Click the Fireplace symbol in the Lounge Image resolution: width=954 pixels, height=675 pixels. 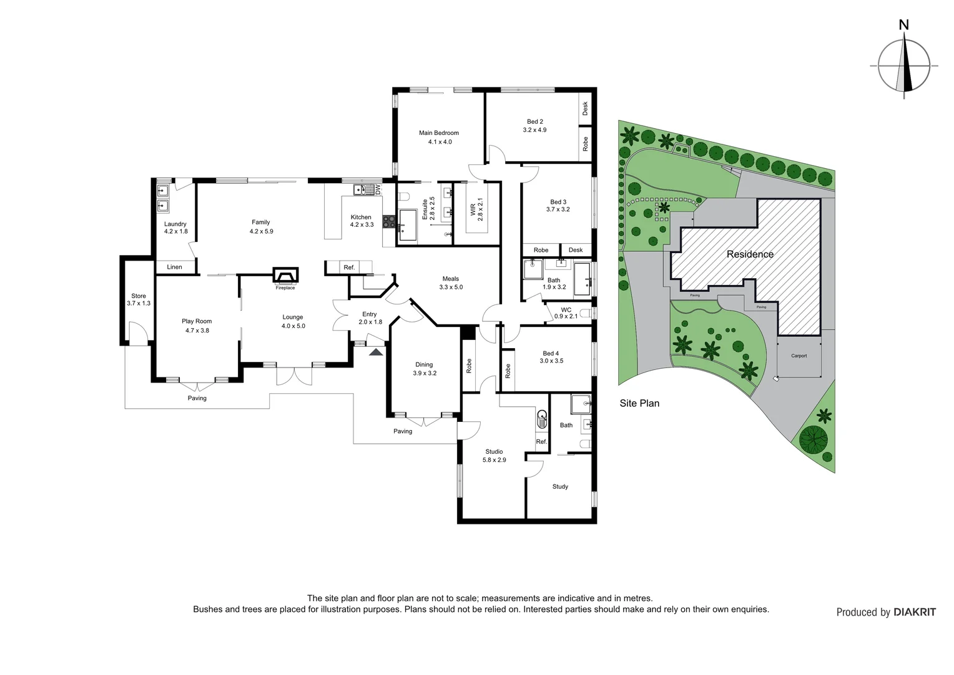(285, 276)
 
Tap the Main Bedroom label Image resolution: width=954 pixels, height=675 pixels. (439, 132)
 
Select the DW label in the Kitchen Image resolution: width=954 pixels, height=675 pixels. (378, 189)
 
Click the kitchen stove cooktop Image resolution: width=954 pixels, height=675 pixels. (388, 221)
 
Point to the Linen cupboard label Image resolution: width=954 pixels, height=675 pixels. (174, 267)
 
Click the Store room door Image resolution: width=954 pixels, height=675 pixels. (137, 332)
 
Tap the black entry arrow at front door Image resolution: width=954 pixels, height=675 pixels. (376, 352)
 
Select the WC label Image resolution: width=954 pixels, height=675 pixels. (566, 309)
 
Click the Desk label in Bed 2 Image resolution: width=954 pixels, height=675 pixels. (586, 109)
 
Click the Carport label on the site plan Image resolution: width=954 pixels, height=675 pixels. (799, 356)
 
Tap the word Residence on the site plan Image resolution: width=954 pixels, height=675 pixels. (750, 254)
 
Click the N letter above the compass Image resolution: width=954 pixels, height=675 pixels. (903, 25)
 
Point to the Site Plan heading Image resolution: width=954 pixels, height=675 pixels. (639, 403)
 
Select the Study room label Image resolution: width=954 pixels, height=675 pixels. (560, 486)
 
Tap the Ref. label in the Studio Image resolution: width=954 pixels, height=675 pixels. (541, 441)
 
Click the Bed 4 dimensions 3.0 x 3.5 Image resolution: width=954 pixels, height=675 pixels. (551, 361)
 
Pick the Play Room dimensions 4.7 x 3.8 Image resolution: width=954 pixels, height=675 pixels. (197, 330)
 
